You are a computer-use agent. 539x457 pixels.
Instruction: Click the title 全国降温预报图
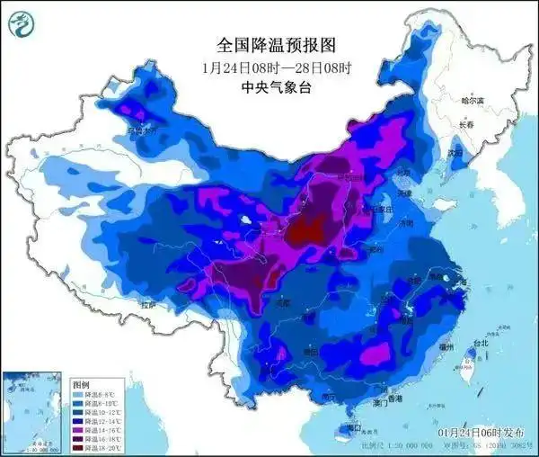(x=268, y=44)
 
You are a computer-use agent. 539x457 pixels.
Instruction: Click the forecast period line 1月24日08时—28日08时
(x=268, y=67)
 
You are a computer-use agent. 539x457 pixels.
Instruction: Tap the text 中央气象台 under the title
(x=268, y=87)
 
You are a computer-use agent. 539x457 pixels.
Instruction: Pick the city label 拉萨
(x=147, y=305)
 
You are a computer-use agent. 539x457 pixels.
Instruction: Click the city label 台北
(x=481, y=343)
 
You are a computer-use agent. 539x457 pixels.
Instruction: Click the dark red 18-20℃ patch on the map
(x=309, y=232)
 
